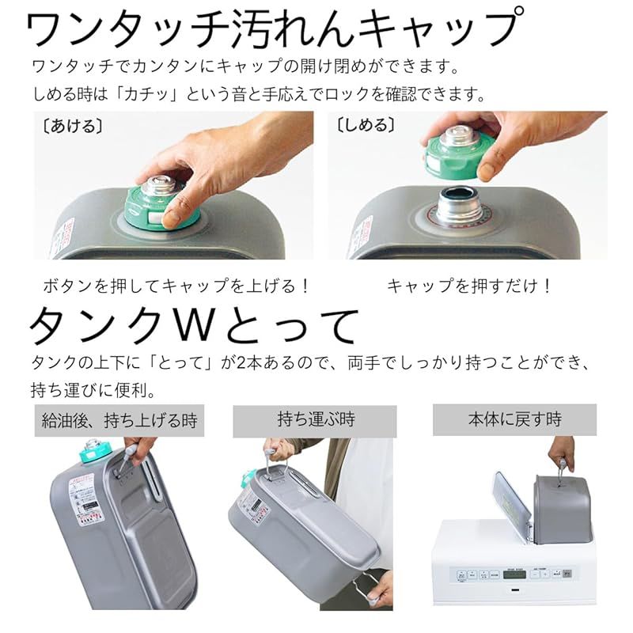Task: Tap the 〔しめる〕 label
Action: (x=366, y=126)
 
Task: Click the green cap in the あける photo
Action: (x=162, y=208)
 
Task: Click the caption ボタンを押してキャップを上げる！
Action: (x=176, y=286)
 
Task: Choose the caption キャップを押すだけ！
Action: (x=468, y=286)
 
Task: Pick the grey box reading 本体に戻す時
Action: (x=514, y=419)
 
